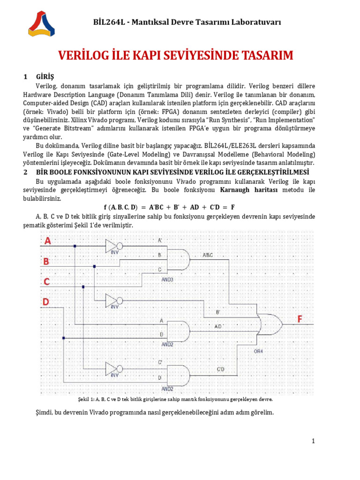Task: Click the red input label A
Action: click(47, 241)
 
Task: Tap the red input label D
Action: click(46, 302)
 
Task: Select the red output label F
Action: click(299, 319)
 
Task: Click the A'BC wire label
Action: click(208, 255)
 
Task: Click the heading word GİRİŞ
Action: click(45, 76)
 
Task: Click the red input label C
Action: click(46, 282)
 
